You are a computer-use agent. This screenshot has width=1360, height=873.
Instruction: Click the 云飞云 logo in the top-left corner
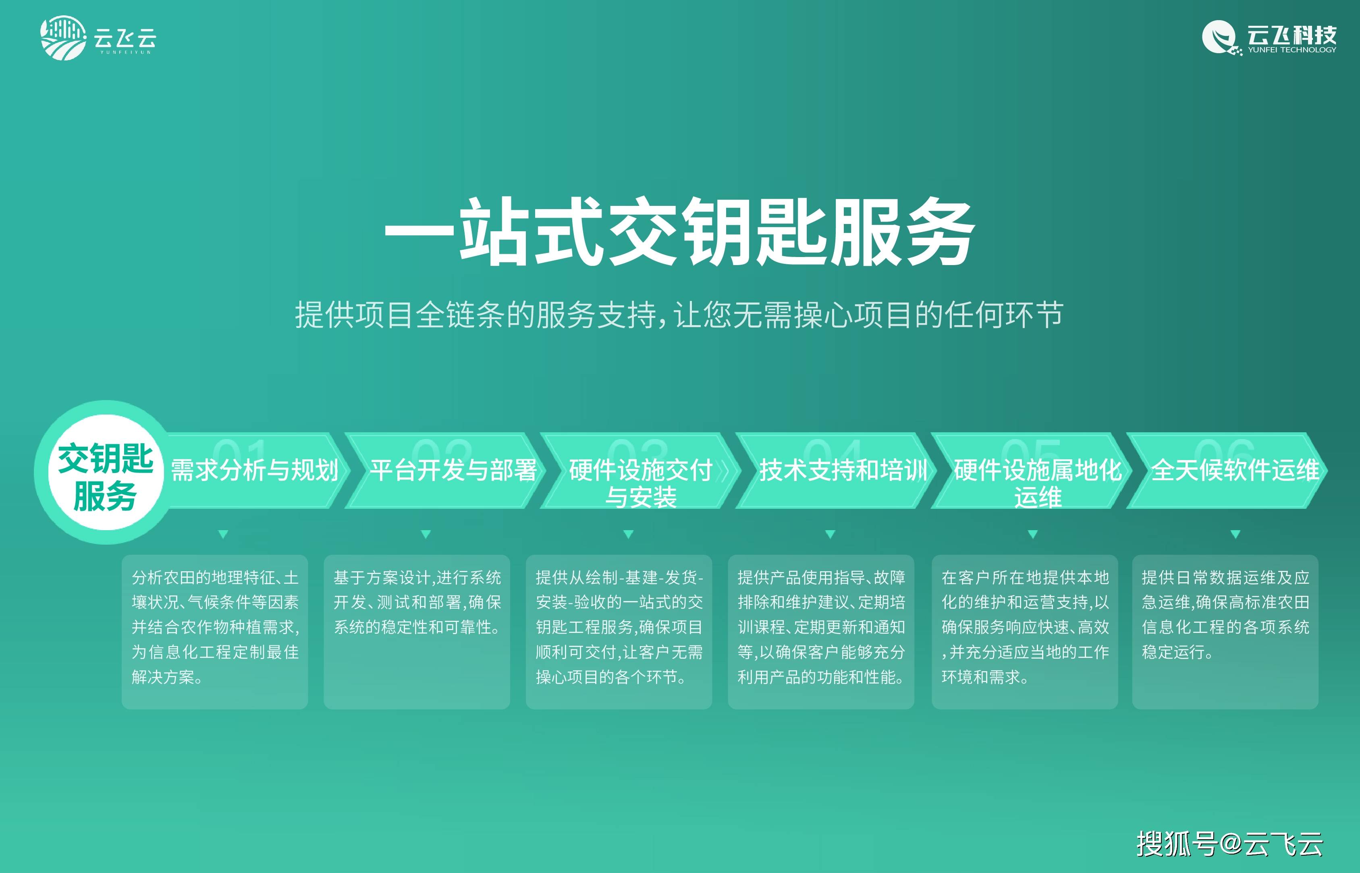(x=98, y=37)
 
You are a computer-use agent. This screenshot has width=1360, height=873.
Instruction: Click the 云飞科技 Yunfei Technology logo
(x=1269, y=38)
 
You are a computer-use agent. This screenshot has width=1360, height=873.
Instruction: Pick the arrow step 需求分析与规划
(x=255, y=471)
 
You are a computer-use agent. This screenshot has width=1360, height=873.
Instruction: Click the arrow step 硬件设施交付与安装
(x=641, y=471)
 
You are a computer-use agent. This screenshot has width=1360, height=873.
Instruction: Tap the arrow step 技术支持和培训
(x=836, y=471)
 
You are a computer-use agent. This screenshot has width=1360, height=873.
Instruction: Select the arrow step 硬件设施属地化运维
(x=1032, y=471)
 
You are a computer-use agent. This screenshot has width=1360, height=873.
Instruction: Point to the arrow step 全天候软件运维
(x=1227, y=471)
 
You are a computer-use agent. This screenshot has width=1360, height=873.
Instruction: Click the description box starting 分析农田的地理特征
(x=215, y=632)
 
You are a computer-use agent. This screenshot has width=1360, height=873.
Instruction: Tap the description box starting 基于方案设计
(x=417, y=632)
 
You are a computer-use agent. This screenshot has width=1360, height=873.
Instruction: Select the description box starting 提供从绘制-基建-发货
(x=619, y=632)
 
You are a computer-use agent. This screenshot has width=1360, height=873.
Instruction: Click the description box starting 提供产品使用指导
(x=821, y=632)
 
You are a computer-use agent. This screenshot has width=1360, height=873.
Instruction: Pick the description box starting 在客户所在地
(x=1025, y=632)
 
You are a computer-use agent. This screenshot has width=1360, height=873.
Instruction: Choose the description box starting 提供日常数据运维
(x=1225, y=632)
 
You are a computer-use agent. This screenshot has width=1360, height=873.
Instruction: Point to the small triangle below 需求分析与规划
(x=223, y=534)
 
